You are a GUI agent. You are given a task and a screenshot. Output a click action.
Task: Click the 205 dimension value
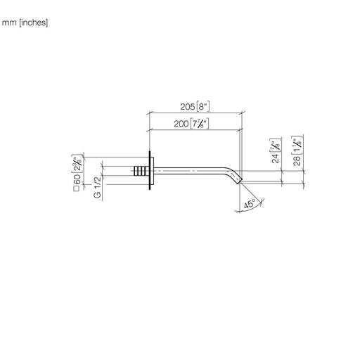(x=188, y=107)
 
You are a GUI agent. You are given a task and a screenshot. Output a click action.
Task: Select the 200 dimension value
(x=181, y=124)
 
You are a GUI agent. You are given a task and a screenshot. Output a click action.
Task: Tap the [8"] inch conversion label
(x=202, y=107)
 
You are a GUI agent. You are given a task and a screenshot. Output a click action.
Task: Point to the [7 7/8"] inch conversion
(x=199, y=124)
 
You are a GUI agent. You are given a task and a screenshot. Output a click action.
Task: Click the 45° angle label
(x=249, y=204)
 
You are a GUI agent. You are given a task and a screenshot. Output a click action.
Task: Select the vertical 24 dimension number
(x=276, y=158)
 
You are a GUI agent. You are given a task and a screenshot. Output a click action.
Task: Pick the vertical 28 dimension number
(x=297, y=160)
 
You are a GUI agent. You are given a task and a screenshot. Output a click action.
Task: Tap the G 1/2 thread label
(x=97, y=187)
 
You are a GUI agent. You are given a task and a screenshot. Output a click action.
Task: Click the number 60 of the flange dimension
(x=77, y=179)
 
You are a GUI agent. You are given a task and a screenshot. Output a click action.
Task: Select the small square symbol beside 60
(x=77, y=188)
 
